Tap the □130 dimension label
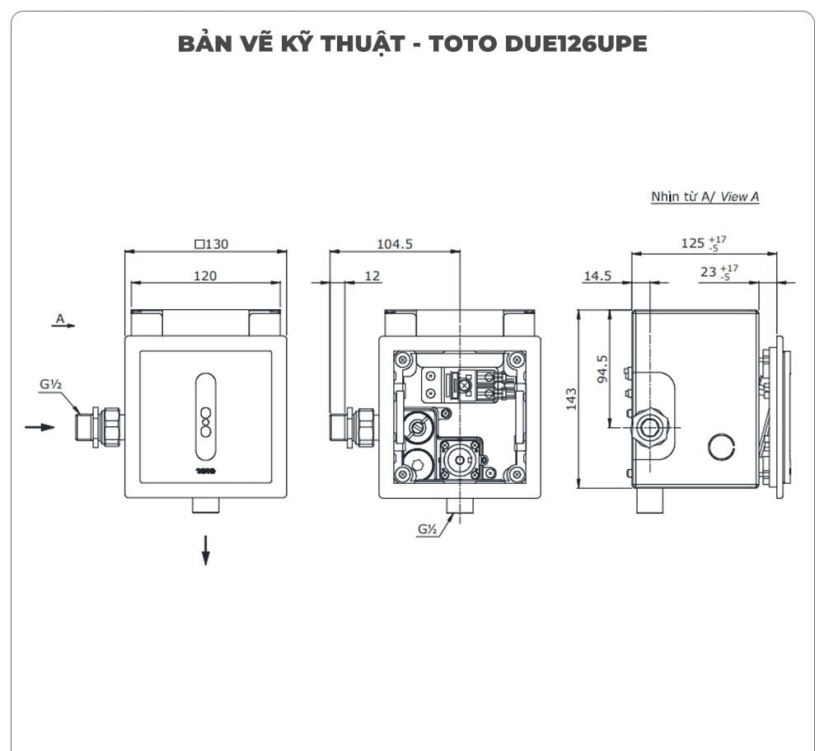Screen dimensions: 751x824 pyautogui.click(x=211, y=243)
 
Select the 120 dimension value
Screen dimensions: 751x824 pyautogui.click(x=205, y=275)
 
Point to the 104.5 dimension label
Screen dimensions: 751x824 pyautogui.click(x=395, y=243)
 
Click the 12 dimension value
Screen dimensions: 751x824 pyautogui.click(x=372, y=275)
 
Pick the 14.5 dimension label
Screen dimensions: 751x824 pyautogui.click(x=597, y=275)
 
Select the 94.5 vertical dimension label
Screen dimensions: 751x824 pyautogui.click(x=602, y=369)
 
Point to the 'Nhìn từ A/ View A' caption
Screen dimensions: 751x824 pyautogui.click(x=705, y=197)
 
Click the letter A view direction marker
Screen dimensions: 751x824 pyautogui.click(x=59, y=317)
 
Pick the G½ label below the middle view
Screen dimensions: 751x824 pyautogui.click(x=427, y=529)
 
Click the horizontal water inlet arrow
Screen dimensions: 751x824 pyautogui.click(x=40, y=427)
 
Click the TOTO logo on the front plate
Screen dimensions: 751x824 pyautogui.click(x=205, y=472)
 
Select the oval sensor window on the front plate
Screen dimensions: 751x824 pyautogui.click(x=205, y=416)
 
